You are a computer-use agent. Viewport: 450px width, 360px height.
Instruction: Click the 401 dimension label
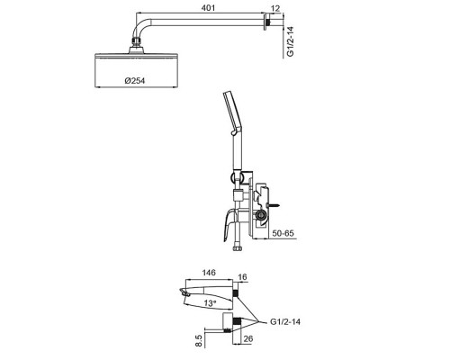tap(208, 8)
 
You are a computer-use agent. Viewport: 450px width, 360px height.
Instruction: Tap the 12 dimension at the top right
tap(275, 8)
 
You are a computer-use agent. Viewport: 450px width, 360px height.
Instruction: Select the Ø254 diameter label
tap(135, 81)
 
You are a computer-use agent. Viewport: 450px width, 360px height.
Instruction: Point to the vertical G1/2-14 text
tap(290, 41)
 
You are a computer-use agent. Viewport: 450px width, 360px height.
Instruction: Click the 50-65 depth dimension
tap(283, 233)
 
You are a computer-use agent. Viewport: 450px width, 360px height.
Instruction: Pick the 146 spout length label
tap(209, 273)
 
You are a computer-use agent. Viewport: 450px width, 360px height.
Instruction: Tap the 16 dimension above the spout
tap(243, 276)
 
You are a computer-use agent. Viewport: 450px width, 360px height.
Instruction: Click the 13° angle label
tap(210, 303)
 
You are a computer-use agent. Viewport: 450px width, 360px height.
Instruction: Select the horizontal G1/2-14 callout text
tap(285, 322)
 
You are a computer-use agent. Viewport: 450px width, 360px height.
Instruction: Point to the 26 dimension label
tap(248, 338)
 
